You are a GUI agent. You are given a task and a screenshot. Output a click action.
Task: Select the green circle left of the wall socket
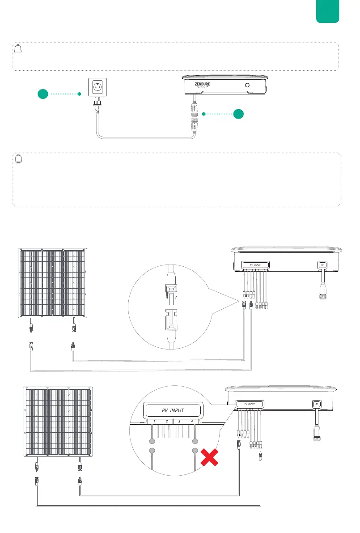43,94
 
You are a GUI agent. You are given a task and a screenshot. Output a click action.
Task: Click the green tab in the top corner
327,11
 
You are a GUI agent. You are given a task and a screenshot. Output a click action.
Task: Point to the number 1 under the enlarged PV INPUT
153,422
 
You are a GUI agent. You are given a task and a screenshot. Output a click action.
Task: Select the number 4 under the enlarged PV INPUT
191,422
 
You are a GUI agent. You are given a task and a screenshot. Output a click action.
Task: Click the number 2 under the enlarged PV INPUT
166,422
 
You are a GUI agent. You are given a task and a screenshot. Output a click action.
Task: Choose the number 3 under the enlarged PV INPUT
179,422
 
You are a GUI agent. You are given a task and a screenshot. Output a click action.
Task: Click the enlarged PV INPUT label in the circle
173,409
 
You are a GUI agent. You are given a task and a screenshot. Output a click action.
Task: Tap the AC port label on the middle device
322,265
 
